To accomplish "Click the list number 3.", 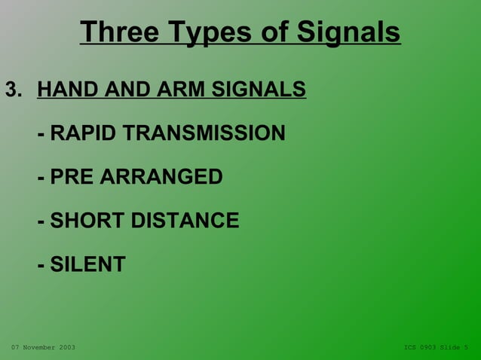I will pyautogui.click(x=13, y=90).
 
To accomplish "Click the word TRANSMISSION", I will pyautogui.click(x=204, y=133).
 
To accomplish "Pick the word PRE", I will pyautogui.click(x=72, y=177).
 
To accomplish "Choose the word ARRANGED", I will pyautogui.click(x=161, y=177).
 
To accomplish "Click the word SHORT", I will pyautogui.click(x=87, y=221).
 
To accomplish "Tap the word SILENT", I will pyautogui.click(x=87, y=264).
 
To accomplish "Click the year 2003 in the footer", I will pyautogui.click(x=66, y=347).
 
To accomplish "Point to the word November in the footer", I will pyautogui.click(x=38, y=347).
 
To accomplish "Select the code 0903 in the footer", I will pyautogui.click(x=427, y=347).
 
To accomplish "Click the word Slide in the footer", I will pyautogui.click(x=450, y=347).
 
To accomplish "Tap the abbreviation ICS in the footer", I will pyautogui.click(x=409, y=347).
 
